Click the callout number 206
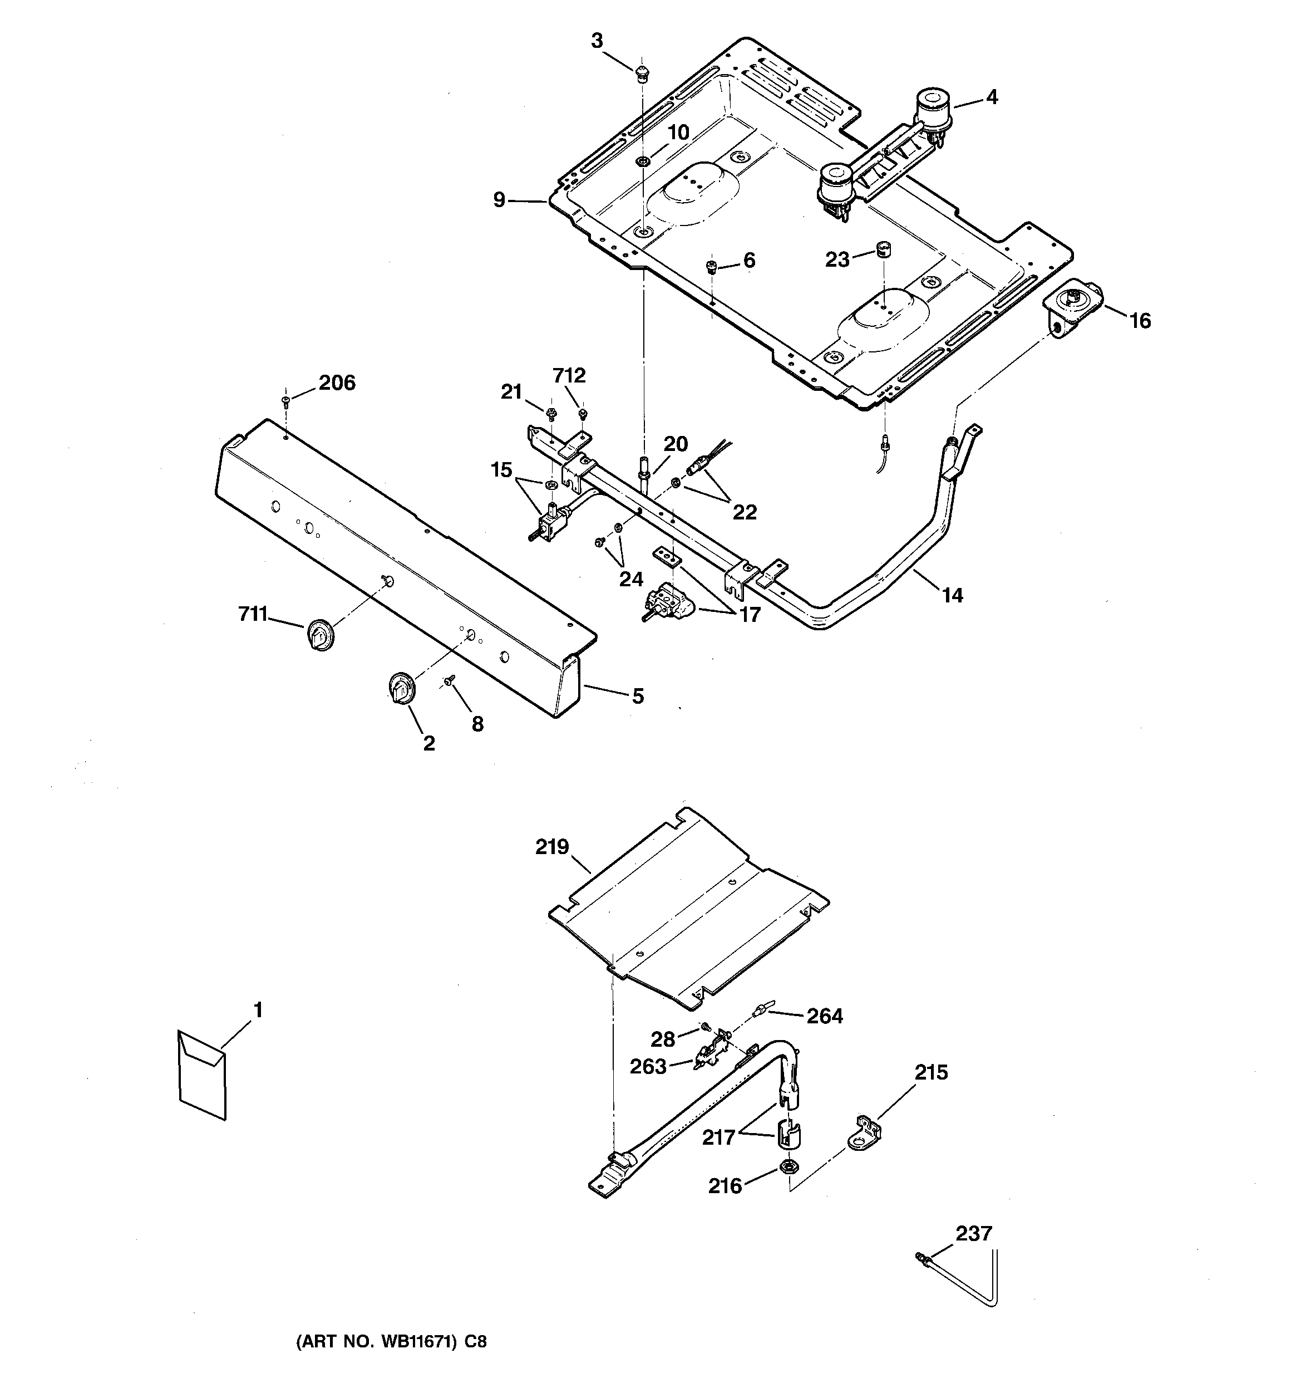337,382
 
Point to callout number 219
553,847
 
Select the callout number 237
974,1234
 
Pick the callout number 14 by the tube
952,595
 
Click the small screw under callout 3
642,72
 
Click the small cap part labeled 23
884,249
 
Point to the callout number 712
570,376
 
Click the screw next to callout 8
450,682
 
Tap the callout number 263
648,1067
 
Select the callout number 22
745,512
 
